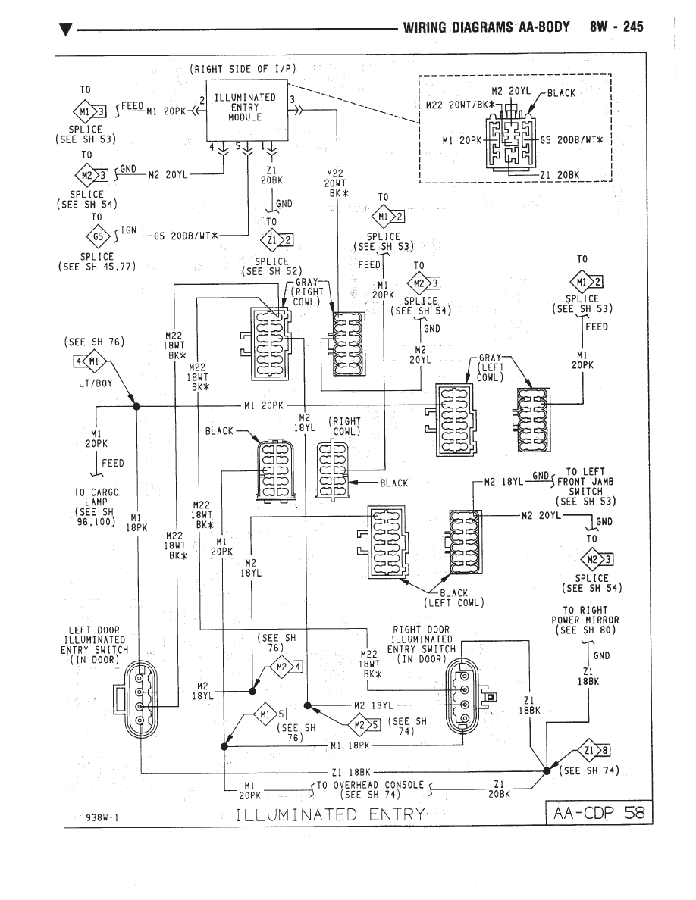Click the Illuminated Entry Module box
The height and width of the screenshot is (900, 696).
coord(247,109)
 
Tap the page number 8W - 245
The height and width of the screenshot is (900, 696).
coord(616,27)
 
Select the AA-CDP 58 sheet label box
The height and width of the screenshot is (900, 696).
coord(598,812)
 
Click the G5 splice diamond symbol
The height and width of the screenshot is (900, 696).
coord(98,236)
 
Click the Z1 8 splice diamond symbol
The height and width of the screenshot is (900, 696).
coord(594,750)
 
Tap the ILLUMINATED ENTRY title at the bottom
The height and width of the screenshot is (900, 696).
coord(331,814)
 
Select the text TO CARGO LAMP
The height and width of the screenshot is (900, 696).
coord(96,497)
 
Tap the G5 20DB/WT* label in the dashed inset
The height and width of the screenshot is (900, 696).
coord(574,140)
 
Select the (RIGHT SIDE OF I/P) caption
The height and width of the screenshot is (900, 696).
coord(243,69)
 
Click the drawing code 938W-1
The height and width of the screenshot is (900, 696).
coord(102,817)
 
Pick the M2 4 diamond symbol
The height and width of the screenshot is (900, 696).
coord(286,667)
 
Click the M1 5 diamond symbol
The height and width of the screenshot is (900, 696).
coord(270,714)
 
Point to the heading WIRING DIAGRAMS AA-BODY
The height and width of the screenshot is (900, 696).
coord(487,27)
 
